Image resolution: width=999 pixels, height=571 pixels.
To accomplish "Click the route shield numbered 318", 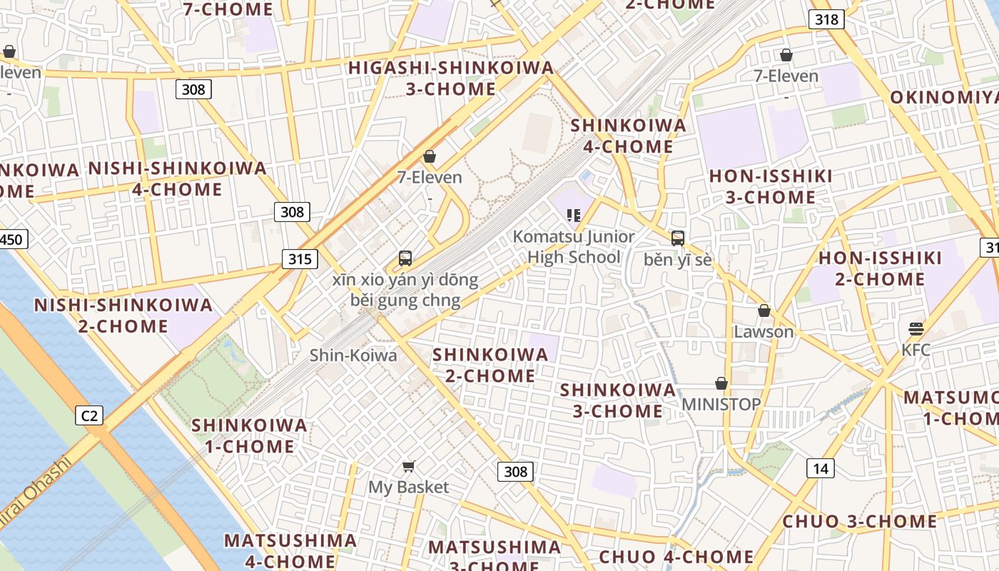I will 826,19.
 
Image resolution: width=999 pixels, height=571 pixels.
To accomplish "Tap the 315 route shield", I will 300,258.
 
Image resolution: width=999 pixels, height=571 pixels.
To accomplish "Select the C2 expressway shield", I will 90,415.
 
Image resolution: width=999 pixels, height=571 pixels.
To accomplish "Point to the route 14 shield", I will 821,468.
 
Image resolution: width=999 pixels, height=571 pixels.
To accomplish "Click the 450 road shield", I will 12,239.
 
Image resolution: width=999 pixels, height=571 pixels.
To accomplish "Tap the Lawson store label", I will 764,332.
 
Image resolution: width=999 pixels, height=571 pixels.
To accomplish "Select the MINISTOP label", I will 721,404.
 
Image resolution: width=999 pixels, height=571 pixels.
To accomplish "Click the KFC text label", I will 916,350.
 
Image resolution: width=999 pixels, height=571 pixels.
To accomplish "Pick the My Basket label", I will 409,487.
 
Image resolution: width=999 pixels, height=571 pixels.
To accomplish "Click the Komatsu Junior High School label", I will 574,246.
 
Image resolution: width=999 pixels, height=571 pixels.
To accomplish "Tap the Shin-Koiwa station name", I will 353,355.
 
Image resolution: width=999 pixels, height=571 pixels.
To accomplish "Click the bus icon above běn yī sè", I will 678,238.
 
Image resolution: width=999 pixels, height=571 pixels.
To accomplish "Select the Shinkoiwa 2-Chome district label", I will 490,365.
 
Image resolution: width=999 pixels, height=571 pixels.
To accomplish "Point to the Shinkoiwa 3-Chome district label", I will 618,400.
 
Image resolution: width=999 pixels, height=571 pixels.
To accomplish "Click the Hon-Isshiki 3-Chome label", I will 771,186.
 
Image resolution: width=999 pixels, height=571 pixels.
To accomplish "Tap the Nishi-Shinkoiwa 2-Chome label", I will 123,315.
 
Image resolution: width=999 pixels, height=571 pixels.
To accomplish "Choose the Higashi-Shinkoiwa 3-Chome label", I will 451,78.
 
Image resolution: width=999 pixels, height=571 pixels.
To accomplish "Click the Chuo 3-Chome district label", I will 860,521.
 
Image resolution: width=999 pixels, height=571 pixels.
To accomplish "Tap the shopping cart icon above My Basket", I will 409,467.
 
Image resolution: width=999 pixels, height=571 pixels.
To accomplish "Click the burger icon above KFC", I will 916,328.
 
